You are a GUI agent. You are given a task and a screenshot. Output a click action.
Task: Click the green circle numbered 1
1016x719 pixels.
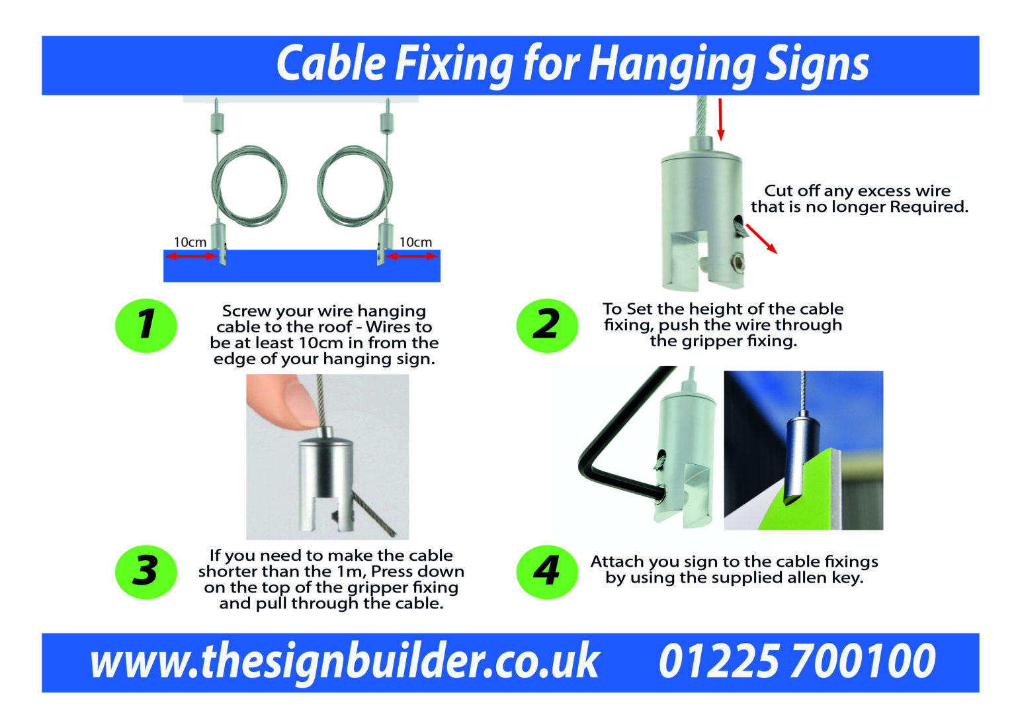[146, 326]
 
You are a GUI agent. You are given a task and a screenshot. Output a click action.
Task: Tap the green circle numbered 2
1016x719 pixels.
[546, 326]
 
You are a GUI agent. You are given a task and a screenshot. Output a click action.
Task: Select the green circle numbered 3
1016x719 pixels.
[146, 572]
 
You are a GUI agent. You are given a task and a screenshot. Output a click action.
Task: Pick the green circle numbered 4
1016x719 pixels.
[546, 572]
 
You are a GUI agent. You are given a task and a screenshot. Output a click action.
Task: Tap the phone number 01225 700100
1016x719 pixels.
[797, 661]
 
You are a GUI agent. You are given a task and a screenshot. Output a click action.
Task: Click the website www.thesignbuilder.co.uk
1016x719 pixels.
[344, 661]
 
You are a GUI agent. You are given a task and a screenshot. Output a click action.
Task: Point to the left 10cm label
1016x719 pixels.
[190, 242]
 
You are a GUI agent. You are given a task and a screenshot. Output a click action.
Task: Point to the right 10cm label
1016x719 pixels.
[415, 242]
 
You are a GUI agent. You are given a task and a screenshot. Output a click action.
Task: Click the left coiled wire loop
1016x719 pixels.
[249, 185]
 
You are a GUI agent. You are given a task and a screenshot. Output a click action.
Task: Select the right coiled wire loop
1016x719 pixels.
[355, 185]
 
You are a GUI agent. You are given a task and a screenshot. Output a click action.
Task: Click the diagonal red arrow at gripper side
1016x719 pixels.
[761, 239]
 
